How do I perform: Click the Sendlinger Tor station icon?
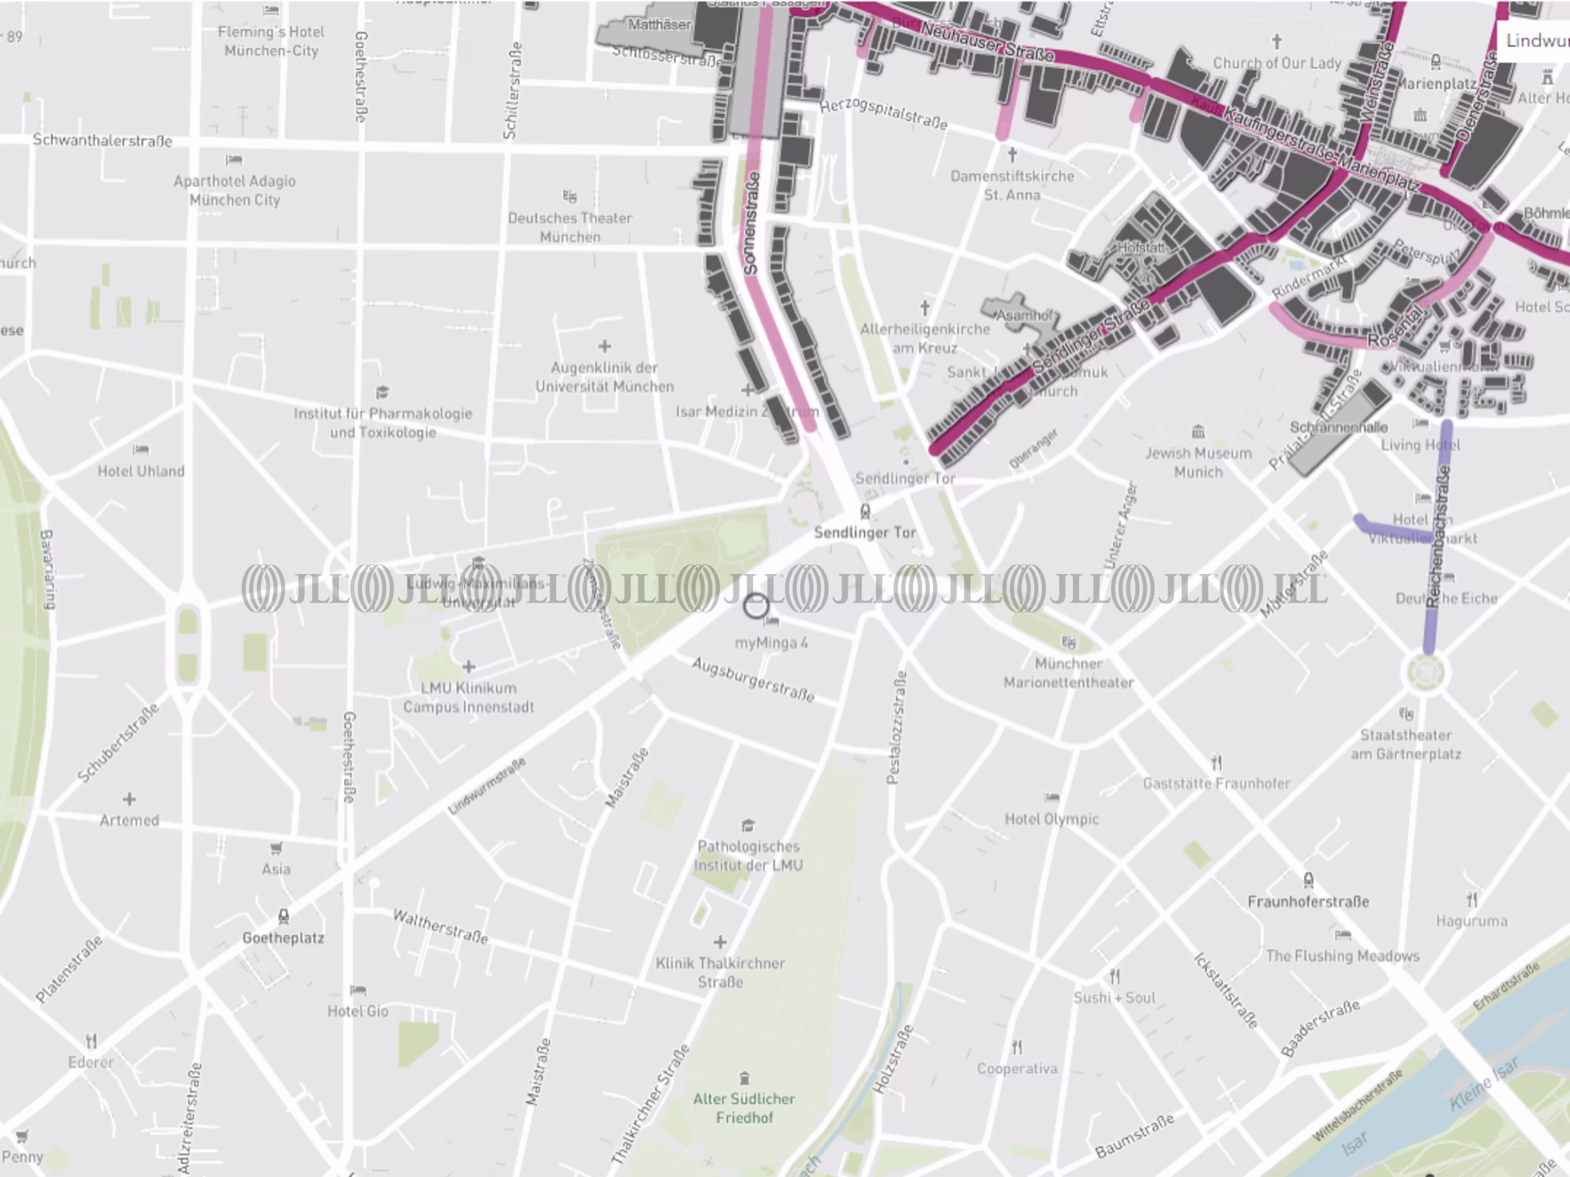[x=864, y=511]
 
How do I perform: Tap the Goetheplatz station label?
[x=283, y=938]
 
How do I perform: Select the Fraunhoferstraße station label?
[x=1308, y=902]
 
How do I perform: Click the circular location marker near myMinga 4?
[x=756, y=606]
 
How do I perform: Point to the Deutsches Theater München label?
[x=570, y=227]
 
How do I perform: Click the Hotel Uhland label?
[x=141, y=471]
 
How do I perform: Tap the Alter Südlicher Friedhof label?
[x=744, y=1108]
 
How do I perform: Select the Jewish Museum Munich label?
[x=1198, y=462]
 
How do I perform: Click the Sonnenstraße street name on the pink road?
[x=751, y=224]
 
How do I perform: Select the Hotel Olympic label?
[x=1051, y=819]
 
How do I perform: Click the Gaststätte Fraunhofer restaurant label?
[x=1216, y=783]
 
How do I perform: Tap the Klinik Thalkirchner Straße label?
[x=720, y=972]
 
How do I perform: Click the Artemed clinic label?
[x=129, y=820]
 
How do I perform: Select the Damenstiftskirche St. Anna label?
[x=1012, y=185]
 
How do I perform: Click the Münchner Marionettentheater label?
[x=1068, y=673]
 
